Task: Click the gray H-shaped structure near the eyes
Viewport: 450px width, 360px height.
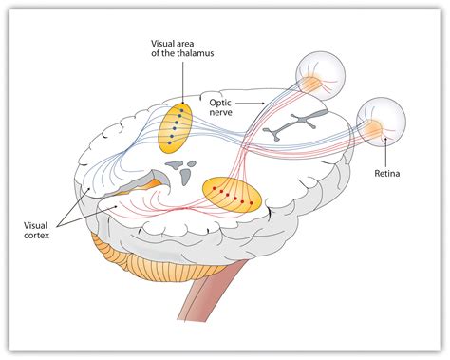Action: (x=295, y=124)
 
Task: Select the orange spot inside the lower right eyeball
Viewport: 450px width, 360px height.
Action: (x=375, y=127)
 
